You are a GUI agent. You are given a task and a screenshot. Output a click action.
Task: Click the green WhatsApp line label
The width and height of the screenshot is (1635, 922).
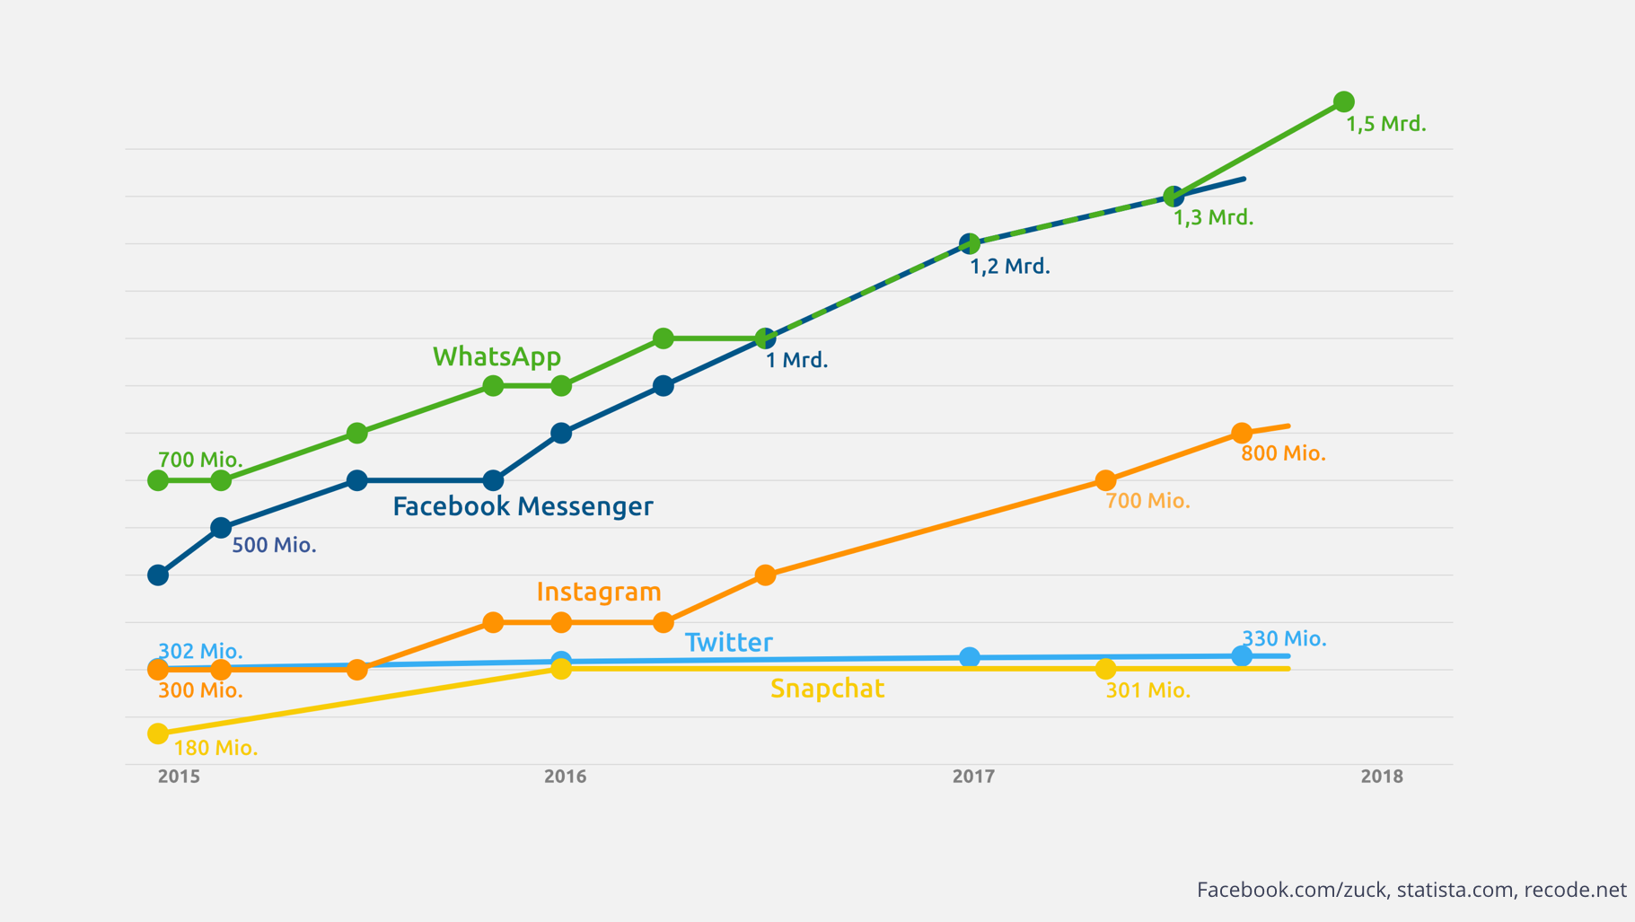pos(497,356)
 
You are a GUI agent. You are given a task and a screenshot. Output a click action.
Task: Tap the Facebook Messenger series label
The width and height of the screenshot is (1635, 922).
pos(523,506)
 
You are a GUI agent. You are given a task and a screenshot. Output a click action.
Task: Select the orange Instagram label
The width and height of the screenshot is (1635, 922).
pos(598,592)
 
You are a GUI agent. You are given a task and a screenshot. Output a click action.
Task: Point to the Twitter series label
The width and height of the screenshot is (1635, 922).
pos(728,642)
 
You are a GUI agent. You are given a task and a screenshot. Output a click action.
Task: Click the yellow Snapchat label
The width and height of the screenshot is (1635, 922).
pos(827,689)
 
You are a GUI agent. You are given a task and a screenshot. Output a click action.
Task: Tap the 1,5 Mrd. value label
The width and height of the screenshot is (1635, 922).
pos(1385,124)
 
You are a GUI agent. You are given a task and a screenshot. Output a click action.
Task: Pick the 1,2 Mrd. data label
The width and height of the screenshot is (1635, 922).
pos(1009,267)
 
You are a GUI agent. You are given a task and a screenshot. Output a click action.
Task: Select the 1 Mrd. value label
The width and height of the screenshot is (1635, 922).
pos(796,360)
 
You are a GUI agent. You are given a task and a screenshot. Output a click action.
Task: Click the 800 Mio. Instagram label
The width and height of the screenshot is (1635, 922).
pos(1283,453)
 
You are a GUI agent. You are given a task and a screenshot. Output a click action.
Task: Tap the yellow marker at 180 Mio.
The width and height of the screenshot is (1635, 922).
pos(158,733)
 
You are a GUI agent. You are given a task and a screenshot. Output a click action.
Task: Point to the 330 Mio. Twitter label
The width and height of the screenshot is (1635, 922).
pos(1284,638)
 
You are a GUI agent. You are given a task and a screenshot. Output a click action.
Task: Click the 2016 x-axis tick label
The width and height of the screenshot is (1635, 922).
pos(565,777)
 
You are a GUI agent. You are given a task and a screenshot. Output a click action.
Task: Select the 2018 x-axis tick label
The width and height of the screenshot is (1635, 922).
pos(1381,777)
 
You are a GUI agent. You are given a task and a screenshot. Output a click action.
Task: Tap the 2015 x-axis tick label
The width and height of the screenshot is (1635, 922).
pos(179,777)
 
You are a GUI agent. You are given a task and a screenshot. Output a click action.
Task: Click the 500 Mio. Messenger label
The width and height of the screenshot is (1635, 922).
pos(274,545)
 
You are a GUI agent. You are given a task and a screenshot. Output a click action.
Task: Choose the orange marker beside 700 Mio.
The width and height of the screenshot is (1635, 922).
pos(1105,480)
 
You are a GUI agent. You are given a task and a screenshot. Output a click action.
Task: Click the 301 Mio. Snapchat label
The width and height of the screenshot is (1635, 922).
pos(1147,690)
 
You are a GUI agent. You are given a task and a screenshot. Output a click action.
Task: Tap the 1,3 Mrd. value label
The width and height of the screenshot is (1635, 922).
pos(1213,217)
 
